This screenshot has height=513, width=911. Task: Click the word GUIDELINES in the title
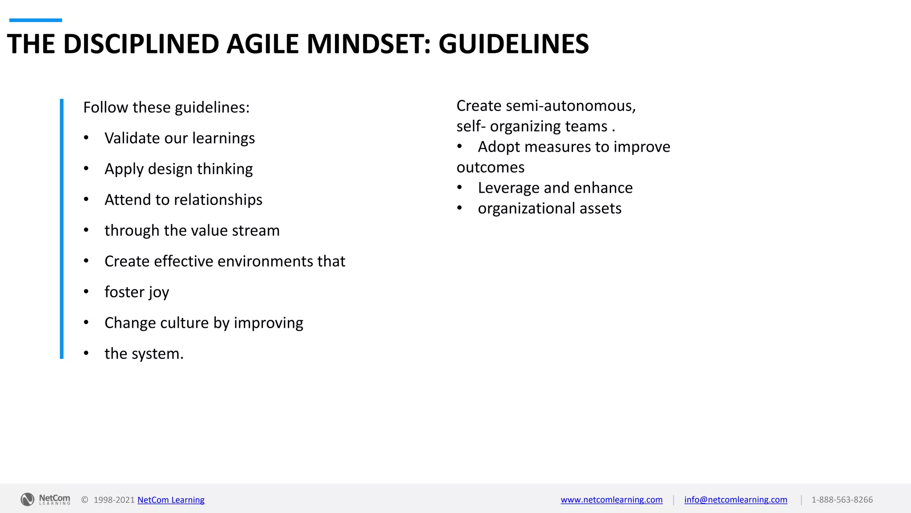[x=513, y=44]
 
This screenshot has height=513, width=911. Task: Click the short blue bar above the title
[x=36, y=20]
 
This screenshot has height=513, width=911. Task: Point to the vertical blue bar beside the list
[x=62, y=228]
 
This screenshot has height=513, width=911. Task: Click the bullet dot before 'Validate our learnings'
[x=86, y=138]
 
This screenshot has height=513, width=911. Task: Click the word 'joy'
[x=159, y=293]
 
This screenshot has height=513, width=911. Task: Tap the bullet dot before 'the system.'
[x=86, y=353]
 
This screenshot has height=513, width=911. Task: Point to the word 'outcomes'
[x=490, y=167]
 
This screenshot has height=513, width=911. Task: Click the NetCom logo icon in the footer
[x=27, y=500]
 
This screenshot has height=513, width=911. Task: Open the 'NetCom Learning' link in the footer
[x=171, y=500]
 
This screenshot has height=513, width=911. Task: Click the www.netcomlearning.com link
[x=611, y=500]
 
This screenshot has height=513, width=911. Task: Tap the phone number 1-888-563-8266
[x=842, y=500]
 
